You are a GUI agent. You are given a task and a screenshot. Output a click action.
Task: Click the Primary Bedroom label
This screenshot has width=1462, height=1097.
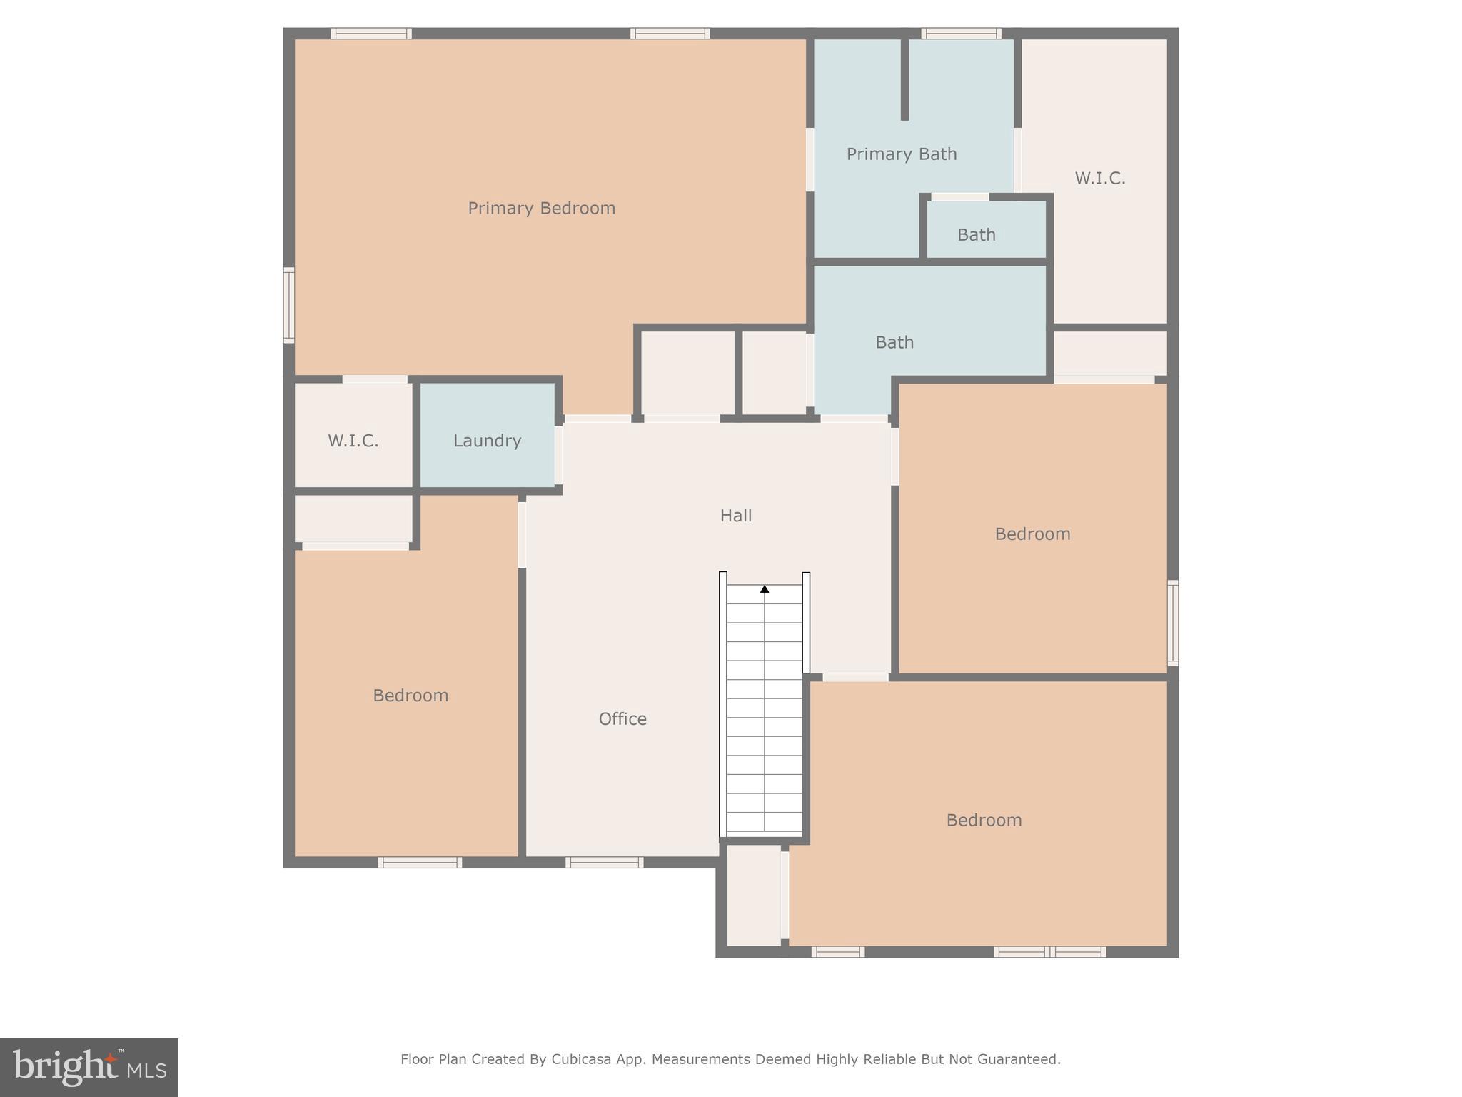point(541,208)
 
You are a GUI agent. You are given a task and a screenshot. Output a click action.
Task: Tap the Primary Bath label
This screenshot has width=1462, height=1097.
point(901,154)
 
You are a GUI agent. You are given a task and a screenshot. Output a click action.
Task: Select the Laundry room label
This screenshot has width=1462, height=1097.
point(487,441)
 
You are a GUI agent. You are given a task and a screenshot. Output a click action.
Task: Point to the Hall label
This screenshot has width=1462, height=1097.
point(735,515)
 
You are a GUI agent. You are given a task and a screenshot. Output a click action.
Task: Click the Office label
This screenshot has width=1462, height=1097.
point(622,718)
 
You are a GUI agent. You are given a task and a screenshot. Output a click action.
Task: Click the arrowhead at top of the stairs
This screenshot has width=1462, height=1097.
point(765,588)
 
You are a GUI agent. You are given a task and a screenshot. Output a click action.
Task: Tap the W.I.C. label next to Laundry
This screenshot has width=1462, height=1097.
point(353,441)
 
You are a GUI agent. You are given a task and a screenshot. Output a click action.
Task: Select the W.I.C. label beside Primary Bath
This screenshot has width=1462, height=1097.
point(1099,178)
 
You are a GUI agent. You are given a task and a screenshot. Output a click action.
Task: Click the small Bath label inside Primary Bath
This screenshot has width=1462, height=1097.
point(976,234)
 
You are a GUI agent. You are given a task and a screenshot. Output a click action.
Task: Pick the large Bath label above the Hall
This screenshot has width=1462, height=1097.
point(894,342)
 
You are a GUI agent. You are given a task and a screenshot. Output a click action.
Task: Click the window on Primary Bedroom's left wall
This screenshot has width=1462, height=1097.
point(289,305)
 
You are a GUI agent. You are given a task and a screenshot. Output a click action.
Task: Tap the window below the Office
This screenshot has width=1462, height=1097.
point(604,863)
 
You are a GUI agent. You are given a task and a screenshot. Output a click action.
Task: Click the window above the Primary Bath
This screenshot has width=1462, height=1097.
point(960,33)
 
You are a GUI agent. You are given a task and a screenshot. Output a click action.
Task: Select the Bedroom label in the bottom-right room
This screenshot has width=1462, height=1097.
point(984,820)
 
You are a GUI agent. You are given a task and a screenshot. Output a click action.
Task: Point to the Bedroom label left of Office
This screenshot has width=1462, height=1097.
point(410,695)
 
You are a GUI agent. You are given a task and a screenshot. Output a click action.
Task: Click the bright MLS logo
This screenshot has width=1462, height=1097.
point(89,1067)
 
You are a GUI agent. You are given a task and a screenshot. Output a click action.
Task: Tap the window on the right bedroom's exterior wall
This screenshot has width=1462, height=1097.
point(1172,623)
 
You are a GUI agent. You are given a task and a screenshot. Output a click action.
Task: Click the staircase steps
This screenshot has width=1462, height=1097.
point(765,714)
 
